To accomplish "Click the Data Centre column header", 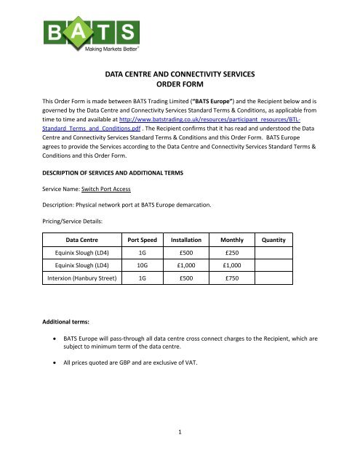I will (81, 239).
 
